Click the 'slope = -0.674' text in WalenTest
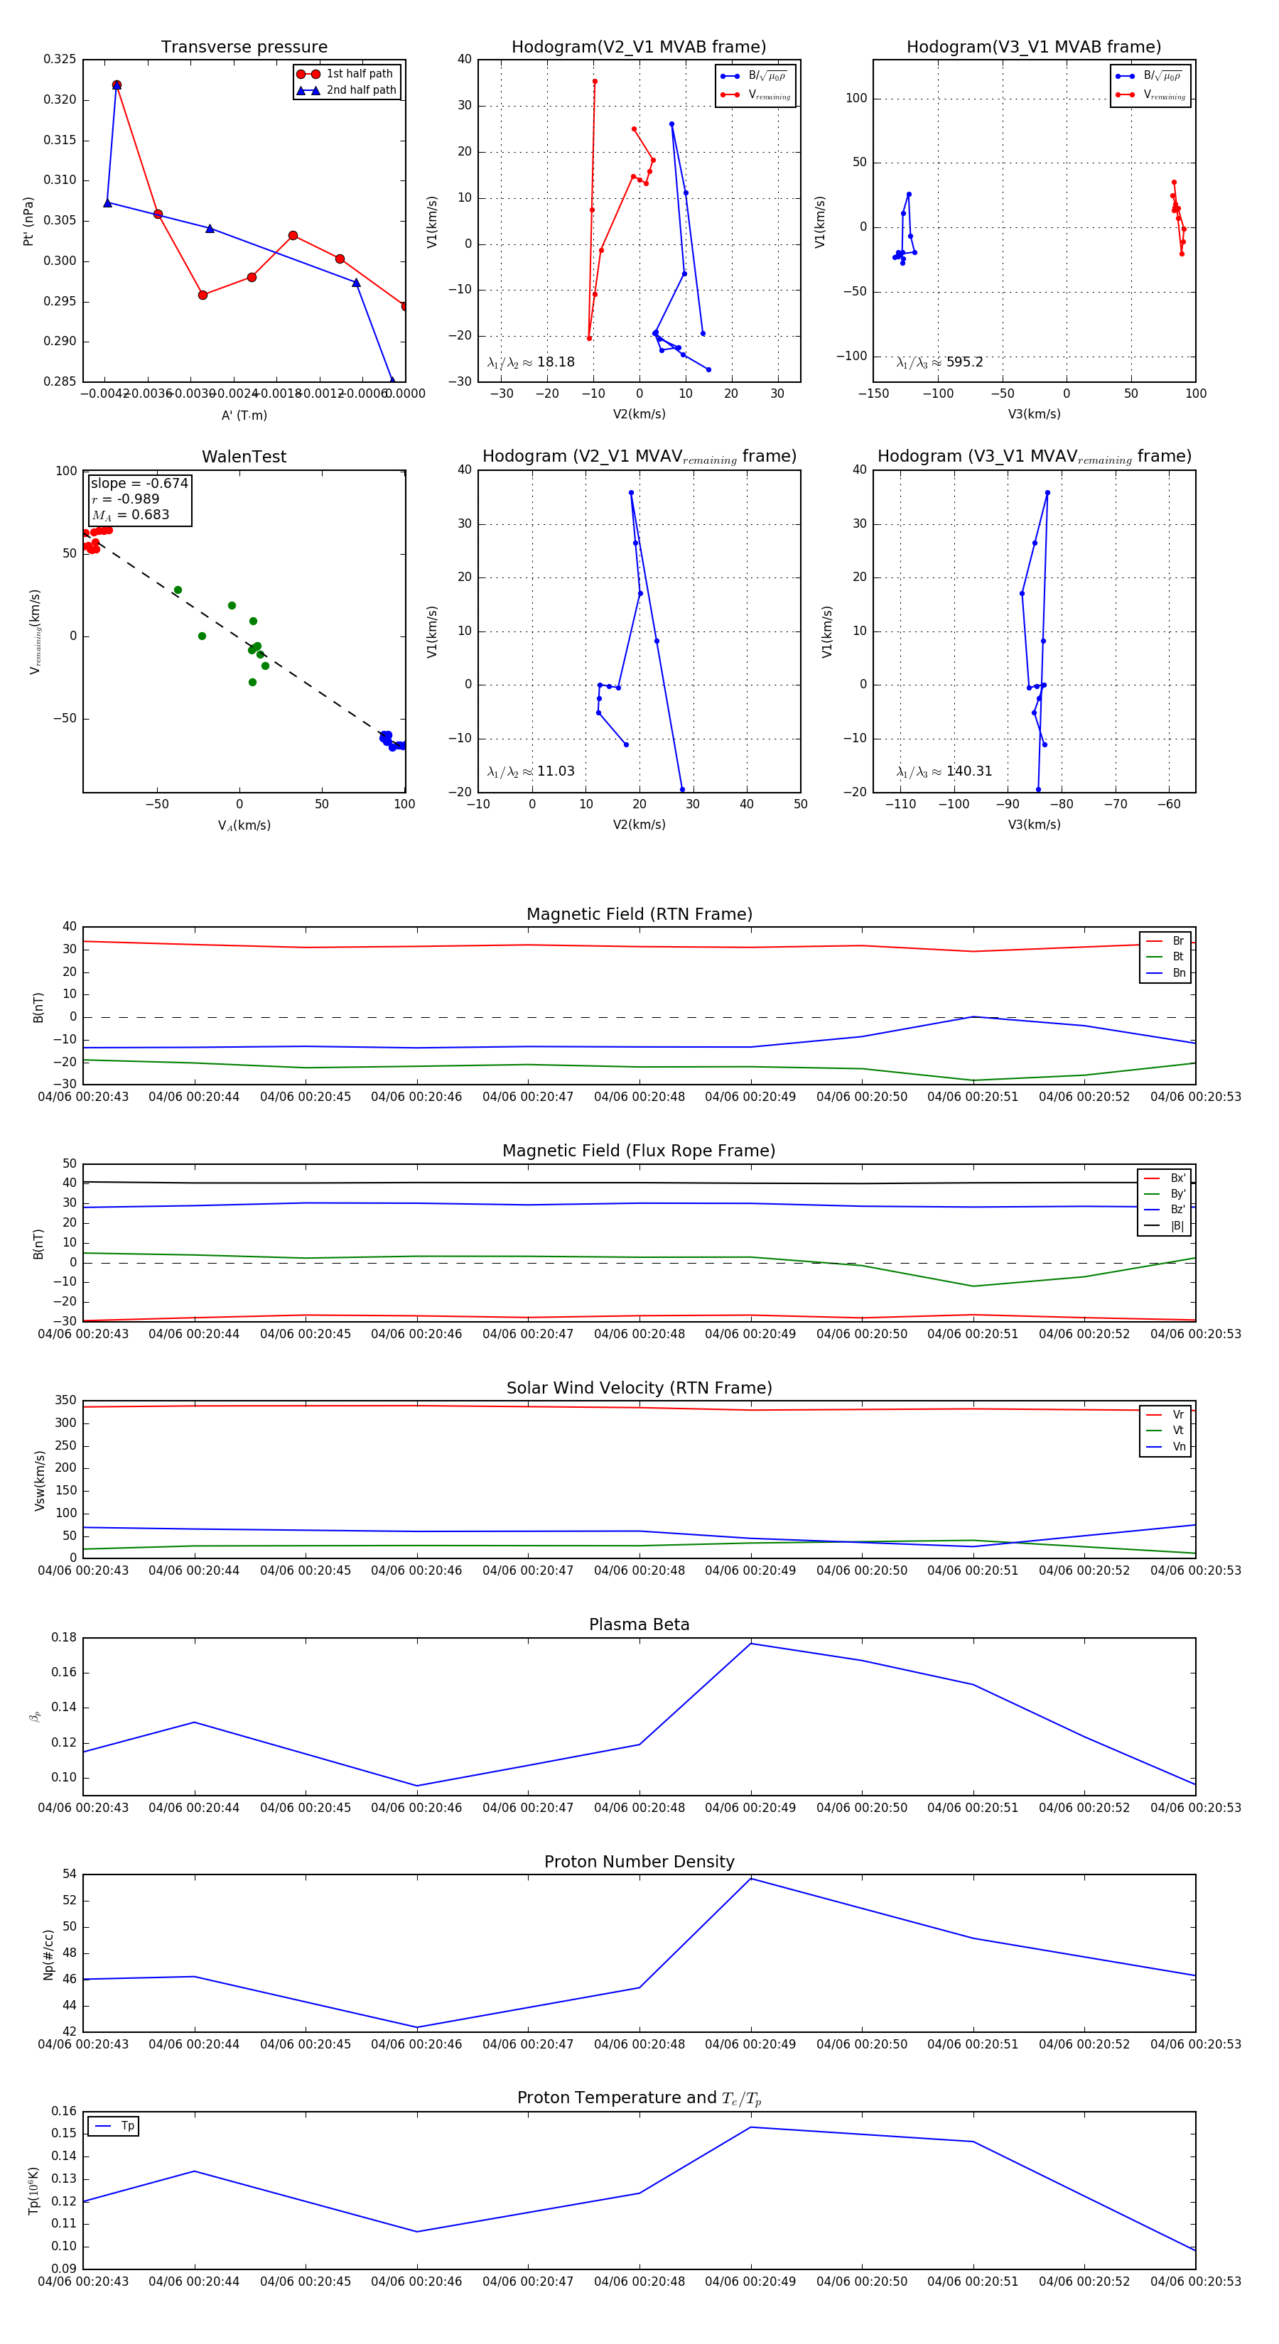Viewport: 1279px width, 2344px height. point(139,483)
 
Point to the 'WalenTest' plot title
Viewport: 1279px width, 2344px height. point(244,457)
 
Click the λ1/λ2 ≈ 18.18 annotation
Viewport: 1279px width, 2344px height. point(531,362)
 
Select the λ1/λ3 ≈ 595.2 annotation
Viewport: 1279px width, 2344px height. point(939,362)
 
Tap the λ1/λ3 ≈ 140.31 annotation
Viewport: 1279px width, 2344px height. point(944,771)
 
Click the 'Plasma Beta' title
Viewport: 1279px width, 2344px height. point(639,1625)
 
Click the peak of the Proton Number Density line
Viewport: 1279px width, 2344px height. point(751,1878)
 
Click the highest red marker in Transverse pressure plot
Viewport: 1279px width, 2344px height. point(117,85)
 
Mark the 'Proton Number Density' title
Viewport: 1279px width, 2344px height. point(639,1862)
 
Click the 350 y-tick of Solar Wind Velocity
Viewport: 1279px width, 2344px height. point(65,1401)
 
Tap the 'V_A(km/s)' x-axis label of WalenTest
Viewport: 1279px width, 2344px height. point(244,825)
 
